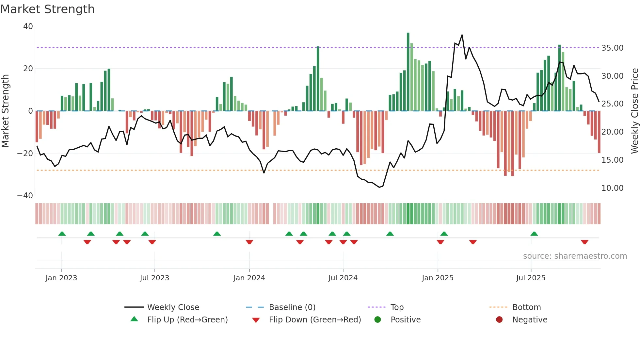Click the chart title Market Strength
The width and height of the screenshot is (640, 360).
click(x=47, y=9)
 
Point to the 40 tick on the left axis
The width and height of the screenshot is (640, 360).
click(x=28, y=26)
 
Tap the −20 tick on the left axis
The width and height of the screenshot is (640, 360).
click(x=25, y=153)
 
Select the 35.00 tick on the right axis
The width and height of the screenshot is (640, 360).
click(x=612, y=48)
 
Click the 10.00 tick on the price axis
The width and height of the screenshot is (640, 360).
click(x=612, y=188)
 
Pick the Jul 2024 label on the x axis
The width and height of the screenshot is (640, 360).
click(x=343, y=278)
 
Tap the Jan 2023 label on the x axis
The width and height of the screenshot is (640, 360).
click(x=61, y=278)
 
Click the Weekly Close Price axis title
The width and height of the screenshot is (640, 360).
click(x=634, y=111)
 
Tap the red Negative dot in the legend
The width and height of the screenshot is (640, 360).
click(x=499, y=320)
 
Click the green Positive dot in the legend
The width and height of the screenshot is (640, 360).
click(x=378, y=320)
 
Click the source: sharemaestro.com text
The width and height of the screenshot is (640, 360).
click(x=575, y=256)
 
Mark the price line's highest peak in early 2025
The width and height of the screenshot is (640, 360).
click(x=462, y=35)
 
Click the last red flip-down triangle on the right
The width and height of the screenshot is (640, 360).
click(x=585, y=242)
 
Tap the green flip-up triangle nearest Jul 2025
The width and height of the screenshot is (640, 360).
click(x=534, y=234)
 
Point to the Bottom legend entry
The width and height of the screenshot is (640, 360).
click(x=526, y=307)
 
